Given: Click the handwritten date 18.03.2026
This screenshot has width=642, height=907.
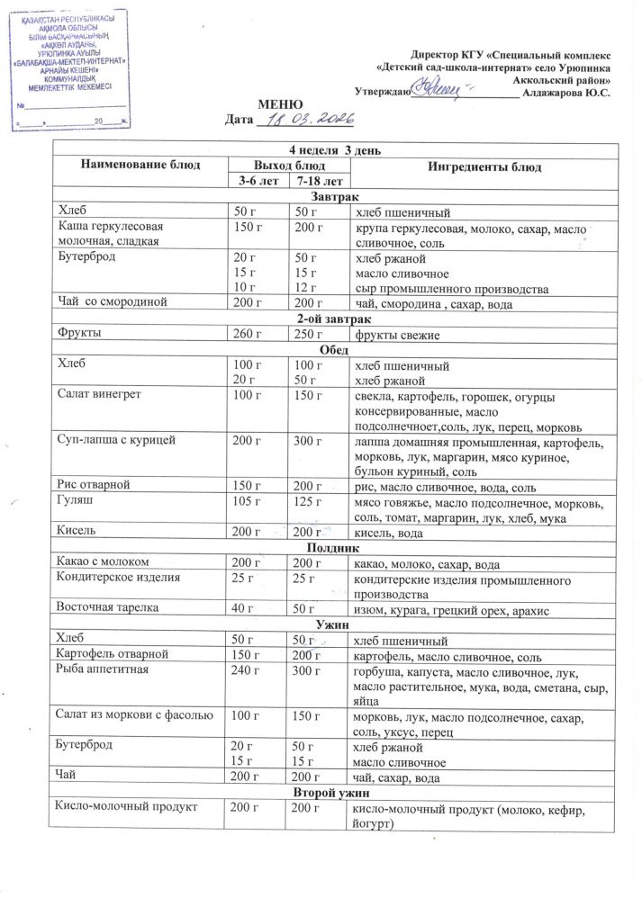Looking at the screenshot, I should pos(307,119).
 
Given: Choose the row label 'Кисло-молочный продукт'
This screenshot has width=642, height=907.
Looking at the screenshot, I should pos(126,809).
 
